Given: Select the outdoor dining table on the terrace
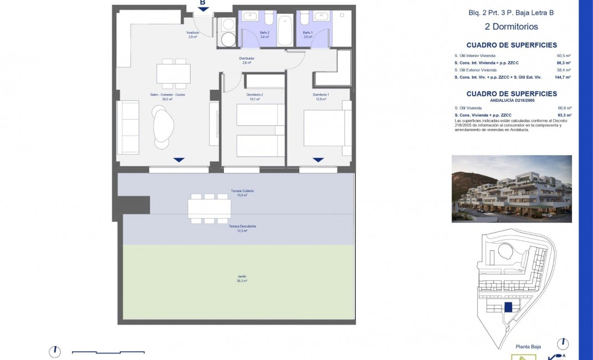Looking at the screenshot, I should (209, 208).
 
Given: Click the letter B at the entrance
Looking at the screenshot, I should (203, 3).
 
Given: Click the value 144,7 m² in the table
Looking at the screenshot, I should (563, 78).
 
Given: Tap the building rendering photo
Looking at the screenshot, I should (512, 188).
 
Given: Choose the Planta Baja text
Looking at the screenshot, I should (528, 347).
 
